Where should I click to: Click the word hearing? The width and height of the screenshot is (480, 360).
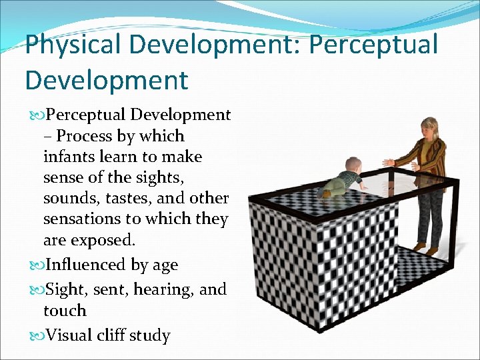click(x=168, y=289)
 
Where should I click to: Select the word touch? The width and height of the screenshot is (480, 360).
click(x=65, y=311)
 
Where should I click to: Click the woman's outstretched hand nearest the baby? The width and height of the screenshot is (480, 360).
click(x=389, y=163)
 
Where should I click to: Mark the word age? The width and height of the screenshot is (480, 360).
click(x=164, y=266)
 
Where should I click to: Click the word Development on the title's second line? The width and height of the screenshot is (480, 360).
click(x=107, y=80)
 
